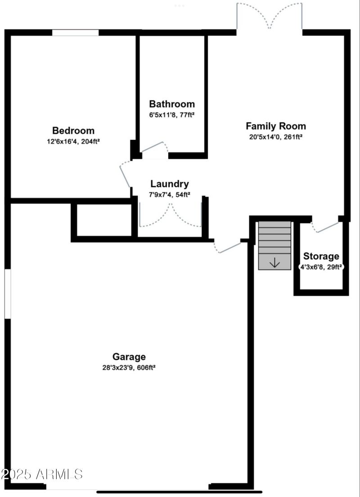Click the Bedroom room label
pyautogui.click(x=73, y=131)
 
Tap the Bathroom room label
pyautogui.click(x=172, y=104)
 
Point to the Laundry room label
pyautogui.click(x=169, y=184)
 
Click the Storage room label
pyautogui.click(x=321, y=256)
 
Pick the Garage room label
pyautogui.click(x=129, y=357)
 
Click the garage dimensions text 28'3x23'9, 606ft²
pyautogui.click(x=129, y=367)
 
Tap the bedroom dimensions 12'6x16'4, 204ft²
pyautogui.click(x=73, y=141)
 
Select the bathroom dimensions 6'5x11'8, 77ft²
pyautogui.click(x=172, y=114)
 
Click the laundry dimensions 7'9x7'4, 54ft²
pyautogui.click(x=169, y=194)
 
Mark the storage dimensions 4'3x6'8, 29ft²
pyautogui.click(x=321, y=266)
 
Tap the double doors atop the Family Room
pyautogui.click(x=270, y=17)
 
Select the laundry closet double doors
pyautogui.click(x=171, y=215)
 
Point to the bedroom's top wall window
pyautogui.click(x=75, y=32)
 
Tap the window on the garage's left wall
pyautogui.click(x=7, y=294)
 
